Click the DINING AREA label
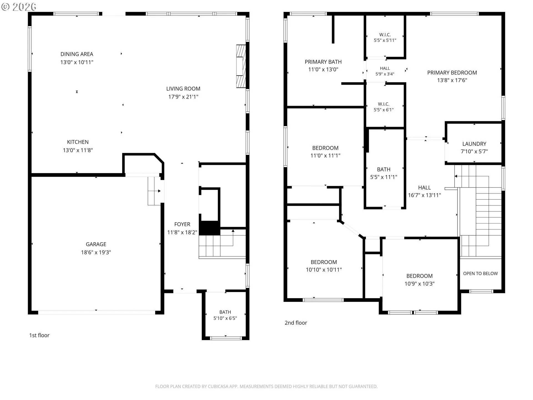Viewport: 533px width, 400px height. (77, 54)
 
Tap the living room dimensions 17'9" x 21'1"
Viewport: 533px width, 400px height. (183, 97)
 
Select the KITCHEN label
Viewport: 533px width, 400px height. (78, 142)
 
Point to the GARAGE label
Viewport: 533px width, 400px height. (96, 244)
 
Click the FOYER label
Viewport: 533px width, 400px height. (182, 224)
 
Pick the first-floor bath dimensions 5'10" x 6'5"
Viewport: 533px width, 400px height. (225, 318)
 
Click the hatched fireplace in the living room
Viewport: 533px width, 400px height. (241, 66)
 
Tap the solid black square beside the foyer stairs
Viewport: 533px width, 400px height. (210, 228)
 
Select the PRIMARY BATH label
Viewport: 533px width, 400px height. (323, 62)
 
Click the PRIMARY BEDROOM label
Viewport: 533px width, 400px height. (452, 72)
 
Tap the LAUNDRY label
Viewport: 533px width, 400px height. (474, 144)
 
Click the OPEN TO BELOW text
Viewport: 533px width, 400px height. (480, 274)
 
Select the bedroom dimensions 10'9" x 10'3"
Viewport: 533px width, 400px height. (419, 284)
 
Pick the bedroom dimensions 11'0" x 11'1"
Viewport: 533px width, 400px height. (325, 156)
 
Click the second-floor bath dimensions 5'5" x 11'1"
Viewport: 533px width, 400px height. (384, 177)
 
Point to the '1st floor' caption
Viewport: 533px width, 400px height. (39, 335)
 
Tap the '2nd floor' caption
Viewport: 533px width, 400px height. (296, 323)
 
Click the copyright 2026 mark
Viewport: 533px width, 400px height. (19, 7)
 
